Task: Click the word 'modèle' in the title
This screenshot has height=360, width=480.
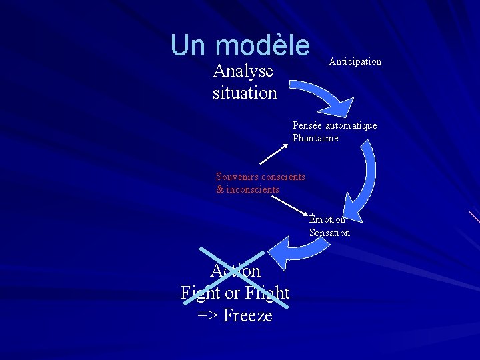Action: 263,45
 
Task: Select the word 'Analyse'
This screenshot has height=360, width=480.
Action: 243,71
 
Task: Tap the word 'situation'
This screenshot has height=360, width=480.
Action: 245,93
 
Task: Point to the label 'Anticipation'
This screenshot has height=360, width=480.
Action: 355,61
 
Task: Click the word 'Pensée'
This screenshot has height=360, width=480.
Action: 307,125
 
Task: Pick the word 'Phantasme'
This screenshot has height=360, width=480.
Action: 315,138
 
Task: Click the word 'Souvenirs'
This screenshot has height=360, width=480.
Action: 237,177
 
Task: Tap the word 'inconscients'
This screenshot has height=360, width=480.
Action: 253,189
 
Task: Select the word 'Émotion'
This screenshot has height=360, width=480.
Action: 327,219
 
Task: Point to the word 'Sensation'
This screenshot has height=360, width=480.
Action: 329,233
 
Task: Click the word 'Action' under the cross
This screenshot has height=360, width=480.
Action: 235,271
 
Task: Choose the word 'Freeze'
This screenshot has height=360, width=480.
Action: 247,315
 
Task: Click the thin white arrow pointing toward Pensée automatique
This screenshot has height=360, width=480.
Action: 273,155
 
